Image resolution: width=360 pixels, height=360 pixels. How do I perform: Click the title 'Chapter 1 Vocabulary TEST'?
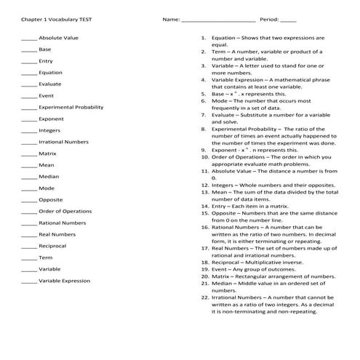point(52,20)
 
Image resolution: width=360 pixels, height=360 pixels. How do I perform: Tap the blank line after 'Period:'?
point(288,21)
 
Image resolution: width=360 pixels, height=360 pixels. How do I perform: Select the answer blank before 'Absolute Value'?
point(29,39)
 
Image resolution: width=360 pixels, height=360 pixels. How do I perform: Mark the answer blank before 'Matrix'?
point(29,155)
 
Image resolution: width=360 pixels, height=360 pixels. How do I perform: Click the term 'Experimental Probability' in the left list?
point(71,107)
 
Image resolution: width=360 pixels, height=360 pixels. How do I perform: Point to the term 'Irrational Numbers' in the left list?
point(63,142)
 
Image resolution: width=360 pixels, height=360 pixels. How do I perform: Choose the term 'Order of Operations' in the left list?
point(65,211)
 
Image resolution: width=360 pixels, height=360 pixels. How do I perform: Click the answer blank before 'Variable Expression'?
point(29,281)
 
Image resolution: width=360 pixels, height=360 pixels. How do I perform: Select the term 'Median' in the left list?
point(49,177)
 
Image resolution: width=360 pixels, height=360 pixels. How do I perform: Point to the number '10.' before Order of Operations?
point(205,155)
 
